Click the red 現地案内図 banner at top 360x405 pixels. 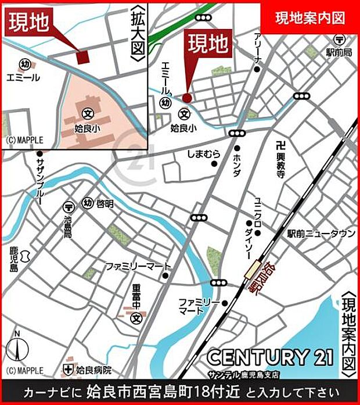coord(309,17)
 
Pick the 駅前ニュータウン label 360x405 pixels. coord(321,234)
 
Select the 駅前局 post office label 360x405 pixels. coord(339,52)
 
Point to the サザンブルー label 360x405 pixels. coord(40,180)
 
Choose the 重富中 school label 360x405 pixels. coord(136,294)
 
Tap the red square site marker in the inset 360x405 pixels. coord(82,56)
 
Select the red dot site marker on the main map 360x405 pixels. coord(186,98)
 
